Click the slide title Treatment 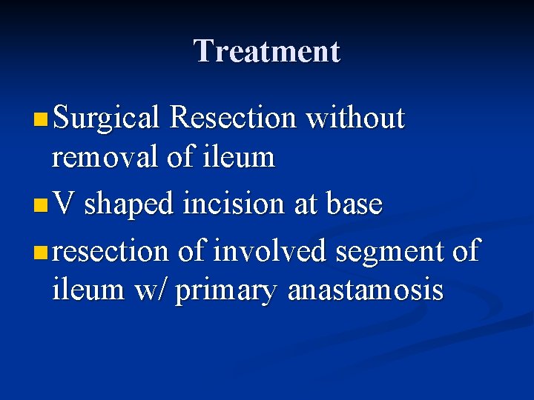[266, 51]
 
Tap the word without [355, 119]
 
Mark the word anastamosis [365, 290]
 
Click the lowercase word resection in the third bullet [111, 251]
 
